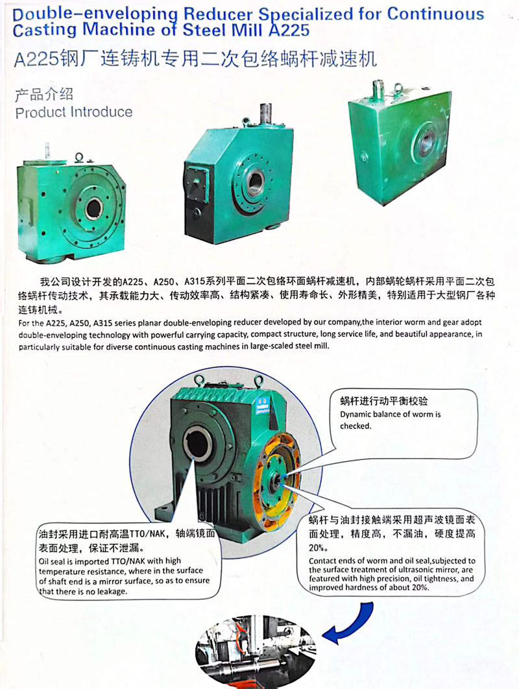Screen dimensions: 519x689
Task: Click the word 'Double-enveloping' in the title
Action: click(x=95, y=14)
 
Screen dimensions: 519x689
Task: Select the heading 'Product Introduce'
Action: click(x=74, y=112)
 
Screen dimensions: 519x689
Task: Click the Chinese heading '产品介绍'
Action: click(x=44, y=95)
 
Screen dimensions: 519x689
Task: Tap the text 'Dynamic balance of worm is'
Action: click(x=391, y=415)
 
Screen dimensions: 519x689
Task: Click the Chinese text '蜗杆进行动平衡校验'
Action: click(x=383, y=401)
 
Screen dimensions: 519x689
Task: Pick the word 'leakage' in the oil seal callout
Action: click(x=112, y=592)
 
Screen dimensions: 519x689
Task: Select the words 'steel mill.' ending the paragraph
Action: click(x=311, y=346)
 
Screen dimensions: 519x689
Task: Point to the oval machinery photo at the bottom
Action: click(x=255, y=649)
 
